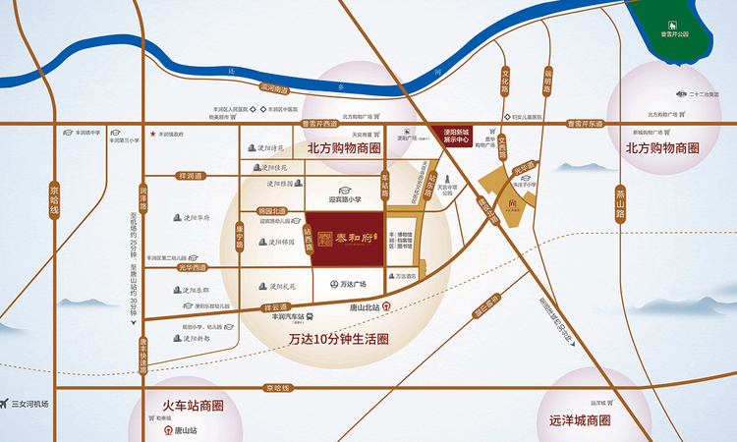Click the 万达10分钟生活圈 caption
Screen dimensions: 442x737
338,340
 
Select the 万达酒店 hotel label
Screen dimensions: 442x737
402,276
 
